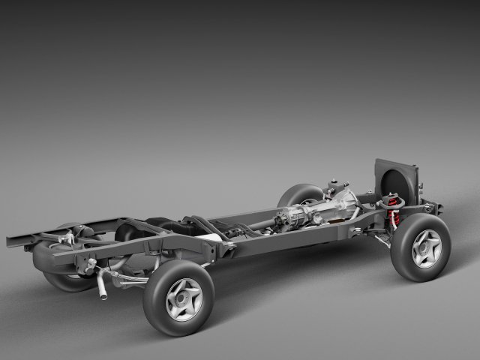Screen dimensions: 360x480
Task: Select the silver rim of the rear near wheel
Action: click(x=184, y=299)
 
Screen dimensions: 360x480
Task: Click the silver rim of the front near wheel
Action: click(x=426, y=248)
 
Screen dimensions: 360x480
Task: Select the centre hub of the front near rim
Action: click(x=427, y=249)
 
